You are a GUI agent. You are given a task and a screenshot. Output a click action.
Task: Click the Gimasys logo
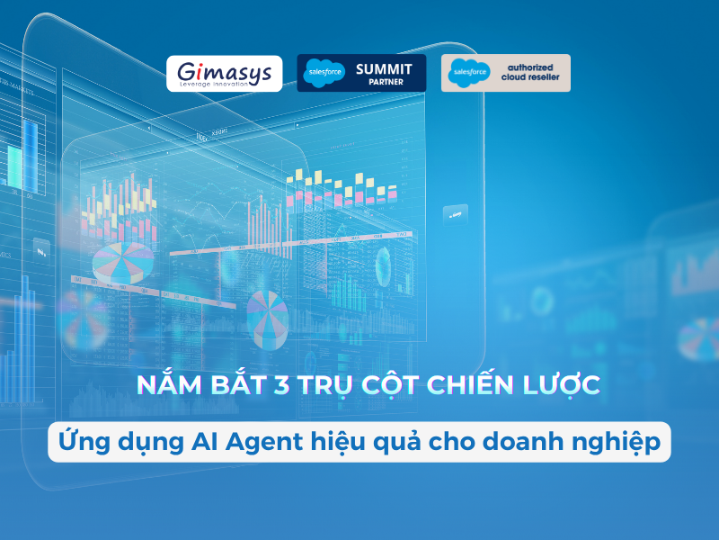click(224, 72)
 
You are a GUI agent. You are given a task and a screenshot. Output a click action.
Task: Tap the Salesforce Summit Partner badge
click(360, 73)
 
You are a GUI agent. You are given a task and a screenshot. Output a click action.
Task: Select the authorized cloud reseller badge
click(505, 73)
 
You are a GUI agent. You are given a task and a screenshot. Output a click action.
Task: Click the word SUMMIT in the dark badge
click(384, 67)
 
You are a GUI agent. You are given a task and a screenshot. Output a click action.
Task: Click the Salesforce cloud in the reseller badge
click(468, 73)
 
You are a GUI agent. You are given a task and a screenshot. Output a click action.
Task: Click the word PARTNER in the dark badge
click(384, 83)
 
